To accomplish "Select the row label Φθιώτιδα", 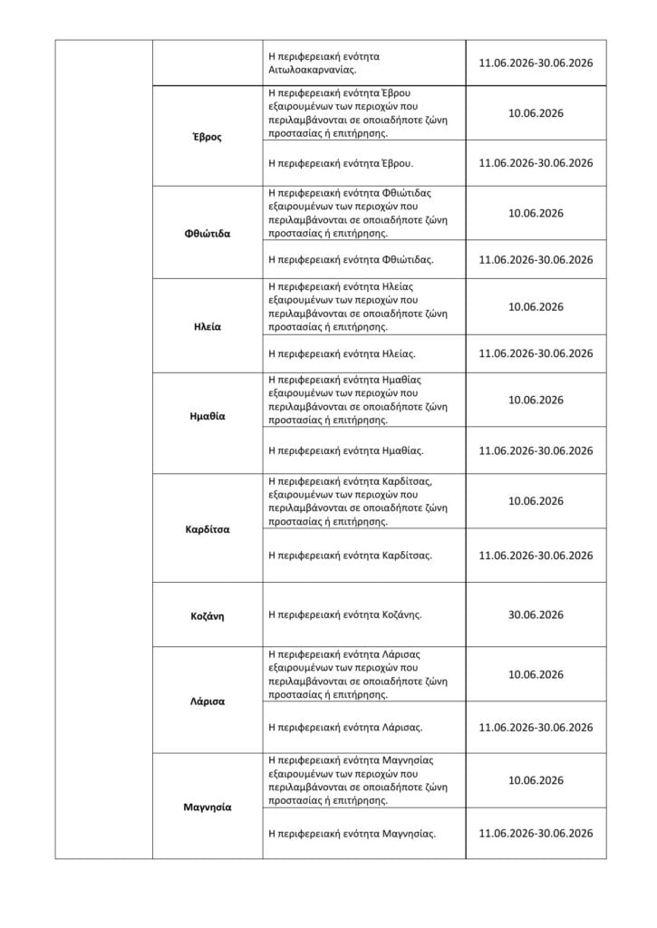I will pos(207,233).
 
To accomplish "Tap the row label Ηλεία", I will pos(207,326).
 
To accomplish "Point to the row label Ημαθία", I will pos(207,417).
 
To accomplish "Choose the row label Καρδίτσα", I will pos(207,528).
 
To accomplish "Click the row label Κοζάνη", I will pos(207,616).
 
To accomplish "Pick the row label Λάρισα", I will pos(207,701).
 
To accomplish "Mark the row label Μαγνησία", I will pos(207,807).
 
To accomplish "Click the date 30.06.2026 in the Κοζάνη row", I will pos(536,614).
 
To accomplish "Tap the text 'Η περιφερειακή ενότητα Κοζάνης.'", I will pos(345,614).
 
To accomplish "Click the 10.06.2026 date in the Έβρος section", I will pos(536,113).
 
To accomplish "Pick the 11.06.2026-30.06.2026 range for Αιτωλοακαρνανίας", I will pos(536,63).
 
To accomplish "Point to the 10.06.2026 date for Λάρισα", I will pos(536,674).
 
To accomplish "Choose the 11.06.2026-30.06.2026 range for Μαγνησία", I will pos(536,833).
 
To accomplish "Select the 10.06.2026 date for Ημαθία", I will pos(536,400).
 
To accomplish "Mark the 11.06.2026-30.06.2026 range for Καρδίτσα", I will pos(536,555).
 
